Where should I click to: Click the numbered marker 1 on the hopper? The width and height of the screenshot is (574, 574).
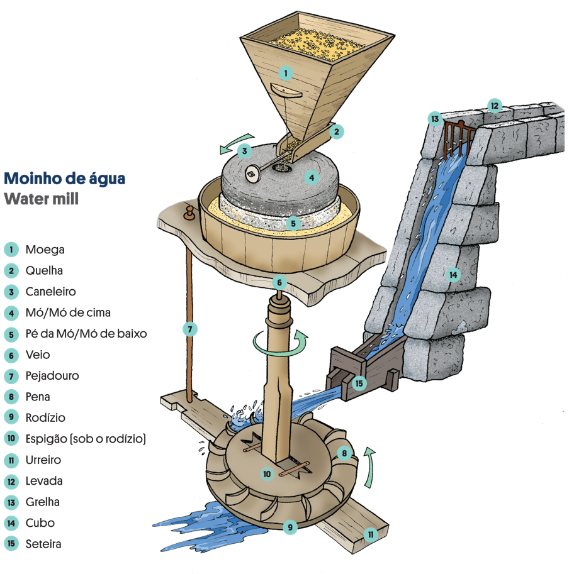[x=286, y=73]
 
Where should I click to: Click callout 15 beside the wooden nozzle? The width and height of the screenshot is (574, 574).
[x=359, y=382]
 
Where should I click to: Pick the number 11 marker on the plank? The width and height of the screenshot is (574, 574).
[x=371, y=534]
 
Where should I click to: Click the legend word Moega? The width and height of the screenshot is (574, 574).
[x=45, y=250]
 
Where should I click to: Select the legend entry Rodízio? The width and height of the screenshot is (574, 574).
[x=45, y=418]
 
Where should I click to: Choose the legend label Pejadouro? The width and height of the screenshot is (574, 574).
[x=52, y=376]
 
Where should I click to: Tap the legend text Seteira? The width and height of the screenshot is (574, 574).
[x=43, y=544]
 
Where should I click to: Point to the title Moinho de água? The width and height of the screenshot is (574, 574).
[x=65, y=179]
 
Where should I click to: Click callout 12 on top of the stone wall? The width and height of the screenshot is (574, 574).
[x=495, y=106]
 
